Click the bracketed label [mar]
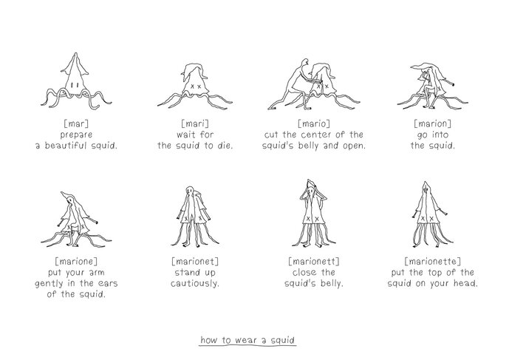click(76, 123)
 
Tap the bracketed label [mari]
click(195, 123)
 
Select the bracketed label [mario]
click(313, 123)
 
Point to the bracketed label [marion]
click(432, 123)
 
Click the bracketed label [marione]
click(76, 261)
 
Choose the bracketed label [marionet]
click(195, 261)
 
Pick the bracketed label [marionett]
click(313, 261)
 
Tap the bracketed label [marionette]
click(432, 261)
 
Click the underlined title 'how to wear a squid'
click(247, 340)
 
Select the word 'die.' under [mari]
click(225, 145)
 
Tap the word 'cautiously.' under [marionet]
click(195, 283)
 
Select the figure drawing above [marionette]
click(431, 214)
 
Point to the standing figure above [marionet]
click(194, 216)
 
